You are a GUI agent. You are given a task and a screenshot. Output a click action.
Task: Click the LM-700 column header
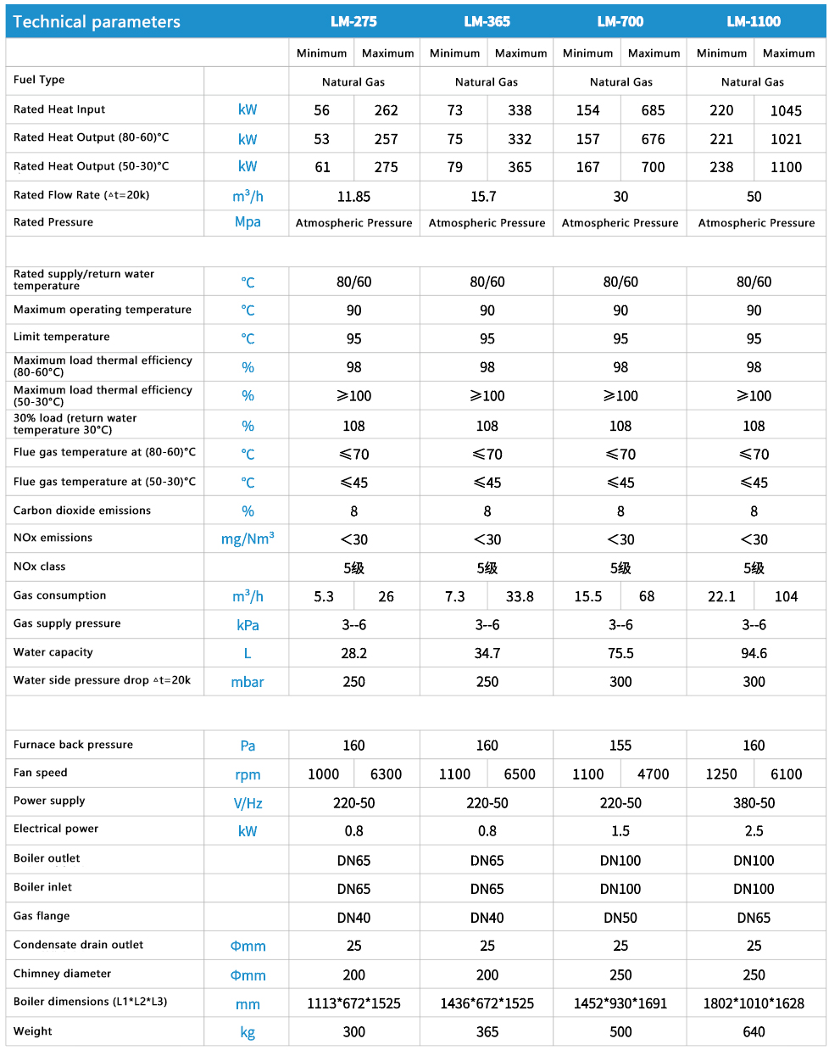coord(620,21)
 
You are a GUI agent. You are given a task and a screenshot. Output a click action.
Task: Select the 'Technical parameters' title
coord(97,22)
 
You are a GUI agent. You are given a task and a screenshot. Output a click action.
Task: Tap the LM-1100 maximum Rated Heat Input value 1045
coord(786,110)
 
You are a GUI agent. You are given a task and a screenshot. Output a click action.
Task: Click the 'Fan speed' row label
coord(40,773)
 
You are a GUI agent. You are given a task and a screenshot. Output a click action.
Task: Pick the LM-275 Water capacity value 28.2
coord(353,653)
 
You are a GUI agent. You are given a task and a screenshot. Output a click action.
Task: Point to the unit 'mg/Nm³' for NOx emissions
coord(248,539)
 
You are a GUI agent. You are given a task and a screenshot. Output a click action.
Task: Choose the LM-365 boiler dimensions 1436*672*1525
coord(487,1003)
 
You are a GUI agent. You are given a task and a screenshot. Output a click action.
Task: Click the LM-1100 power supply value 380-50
coord(754,802)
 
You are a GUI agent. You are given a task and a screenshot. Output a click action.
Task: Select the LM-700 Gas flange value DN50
coord(620,917)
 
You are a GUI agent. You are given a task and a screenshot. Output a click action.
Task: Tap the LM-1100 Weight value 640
coord(754,1031)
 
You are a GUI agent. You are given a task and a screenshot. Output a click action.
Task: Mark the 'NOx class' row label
coord(39,567)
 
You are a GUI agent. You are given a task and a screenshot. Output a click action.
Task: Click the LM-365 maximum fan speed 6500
coord(520,774)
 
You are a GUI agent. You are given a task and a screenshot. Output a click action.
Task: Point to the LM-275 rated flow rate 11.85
coord(353,196)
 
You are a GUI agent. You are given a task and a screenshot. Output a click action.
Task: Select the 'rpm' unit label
coord(248,774)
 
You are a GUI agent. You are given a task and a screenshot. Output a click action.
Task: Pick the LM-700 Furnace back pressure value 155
coord(620,746)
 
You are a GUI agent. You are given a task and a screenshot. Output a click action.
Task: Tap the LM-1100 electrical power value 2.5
coord(754,831)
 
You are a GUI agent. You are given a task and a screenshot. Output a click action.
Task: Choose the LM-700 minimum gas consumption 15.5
coord(587,596)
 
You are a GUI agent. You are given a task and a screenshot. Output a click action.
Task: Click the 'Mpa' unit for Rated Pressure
coord(248,222)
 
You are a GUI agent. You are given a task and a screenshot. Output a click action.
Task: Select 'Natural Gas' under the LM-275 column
coord(353,82)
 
